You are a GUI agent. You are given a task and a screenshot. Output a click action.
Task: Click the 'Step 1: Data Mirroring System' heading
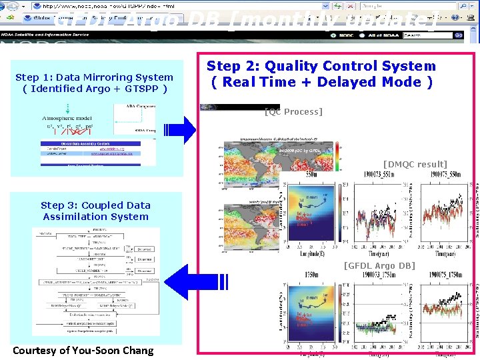(94, 77)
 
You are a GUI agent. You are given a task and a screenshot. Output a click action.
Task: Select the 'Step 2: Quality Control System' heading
(321, 66)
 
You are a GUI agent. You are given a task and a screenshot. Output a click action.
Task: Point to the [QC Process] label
(293, 111)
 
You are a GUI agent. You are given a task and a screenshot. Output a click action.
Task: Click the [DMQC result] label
(415, 164)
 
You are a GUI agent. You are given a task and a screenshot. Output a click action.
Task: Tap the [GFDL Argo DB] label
(379, 266)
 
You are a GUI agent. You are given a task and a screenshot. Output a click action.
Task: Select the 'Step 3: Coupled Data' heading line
(95, 205)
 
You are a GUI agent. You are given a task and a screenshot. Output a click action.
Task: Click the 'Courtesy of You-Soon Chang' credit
(83, 351)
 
